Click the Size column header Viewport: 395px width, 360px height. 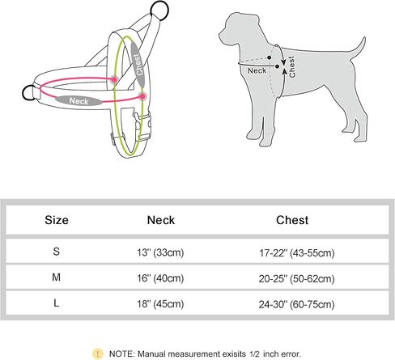click(57, 220)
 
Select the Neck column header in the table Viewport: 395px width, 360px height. click(161, 220)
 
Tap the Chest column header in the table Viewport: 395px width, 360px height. click(292, 220)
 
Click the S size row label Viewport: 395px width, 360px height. click(56, 252)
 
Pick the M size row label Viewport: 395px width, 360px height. click(56, 277)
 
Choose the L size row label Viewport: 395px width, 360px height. click(56, 303)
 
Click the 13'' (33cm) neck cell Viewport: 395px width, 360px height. click(160, 252)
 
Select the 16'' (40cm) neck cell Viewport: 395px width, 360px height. click(160, 278)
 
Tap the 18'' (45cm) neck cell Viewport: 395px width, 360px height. click(160, 304)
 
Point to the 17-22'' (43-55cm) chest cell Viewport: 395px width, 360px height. click(297, 253)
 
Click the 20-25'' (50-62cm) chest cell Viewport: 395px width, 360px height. click(297, 278)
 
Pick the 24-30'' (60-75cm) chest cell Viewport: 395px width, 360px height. click(297, 304)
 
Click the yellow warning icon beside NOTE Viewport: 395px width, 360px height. click(98, 354)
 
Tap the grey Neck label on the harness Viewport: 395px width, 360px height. click(79, 101)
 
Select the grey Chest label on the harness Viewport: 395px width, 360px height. click(138, 64)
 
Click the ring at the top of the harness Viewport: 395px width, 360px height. click(159, 11)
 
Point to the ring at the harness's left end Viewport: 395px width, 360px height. click(28, 92)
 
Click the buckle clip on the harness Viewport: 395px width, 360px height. click(142, 126)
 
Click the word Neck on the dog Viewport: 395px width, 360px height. click(257, 70)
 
